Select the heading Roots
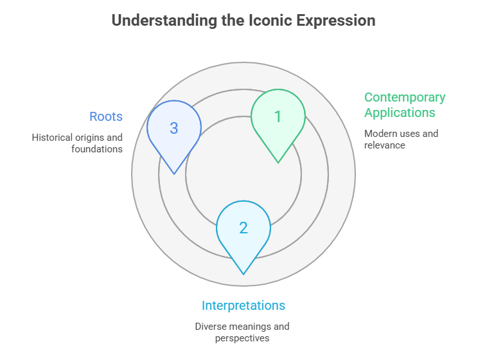(x=106, y=116)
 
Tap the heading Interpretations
(x=243, y=305)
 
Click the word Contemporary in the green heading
(x=405, y=98)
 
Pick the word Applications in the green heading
(x=400, y=113)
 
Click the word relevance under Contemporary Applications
(x=385, y=145)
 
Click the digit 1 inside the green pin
(x=278, y=117)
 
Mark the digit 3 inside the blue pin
(x=174, y=128)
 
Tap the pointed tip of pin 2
(x=243, y=274)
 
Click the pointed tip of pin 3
(x=174, y=174)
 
